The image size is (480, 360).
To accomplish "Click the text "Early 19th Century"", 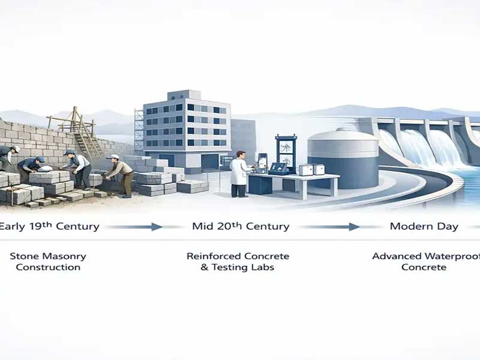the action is click(49, 226).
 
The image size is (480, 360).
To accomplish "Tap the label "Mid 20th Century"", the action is click(241, 226).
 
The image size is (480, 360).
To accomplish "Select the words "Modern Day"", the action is click(424, 226).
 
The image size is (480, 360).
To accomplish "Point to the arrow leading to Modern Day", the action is click(329, 227).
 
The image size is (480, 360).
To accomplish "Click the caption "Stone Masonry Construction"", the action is click(48, 262).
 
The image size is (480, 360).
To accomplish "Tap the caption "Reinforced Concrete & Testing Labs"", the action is click(238, 262).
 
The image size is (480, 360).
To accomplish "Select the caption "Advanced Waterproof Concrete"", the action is click(426, 262).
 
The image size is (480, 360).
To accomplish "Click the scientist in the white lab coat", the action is click(239, 174).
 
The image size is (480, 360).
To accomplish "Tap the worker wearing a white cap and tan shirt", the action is click(121, 175).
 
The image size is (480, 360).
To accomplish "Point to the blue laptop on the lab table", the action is click(278, 169).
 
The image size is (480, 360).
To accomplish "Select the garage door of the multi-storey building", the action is click(210, 161).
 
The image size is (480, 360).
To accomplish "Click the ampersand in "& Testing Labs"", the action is click(204, 267).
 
